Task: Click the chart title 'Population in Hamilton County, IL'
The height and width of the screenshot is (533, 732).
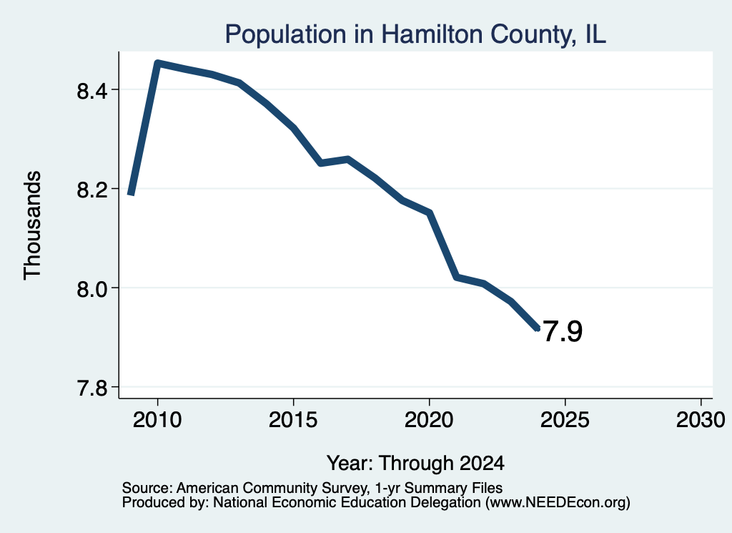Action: [415, 34]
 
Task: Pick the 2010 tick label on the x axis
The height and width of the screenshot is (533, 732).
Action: [157, 419]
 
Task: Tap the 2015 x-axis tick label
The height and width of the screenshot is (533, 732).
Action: [293, 419]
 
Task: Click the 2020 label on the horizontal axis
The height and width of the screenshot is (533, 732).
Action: [429, 419]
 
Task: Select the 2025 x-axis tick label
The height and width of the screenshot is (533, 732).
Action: [565, 419]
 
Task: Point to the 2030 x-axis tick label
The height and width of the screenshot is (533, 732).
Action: [701, 419]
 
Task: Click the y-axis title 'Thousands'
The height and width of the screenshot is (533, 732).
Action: [33, 225]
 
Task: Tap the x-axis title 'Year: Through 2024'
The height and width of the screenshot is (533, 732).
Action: [415, 463]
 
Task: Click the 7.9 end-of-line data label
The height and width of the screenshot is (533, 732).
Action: [563, 331]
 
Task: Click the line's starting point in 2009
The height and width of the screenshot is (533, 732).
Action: [132, 193]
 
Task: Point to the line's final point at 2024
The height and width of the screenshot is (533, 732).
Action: [538, 329]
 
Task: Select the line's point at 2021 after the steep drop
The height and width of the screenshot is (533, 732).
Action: [457, 277]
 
